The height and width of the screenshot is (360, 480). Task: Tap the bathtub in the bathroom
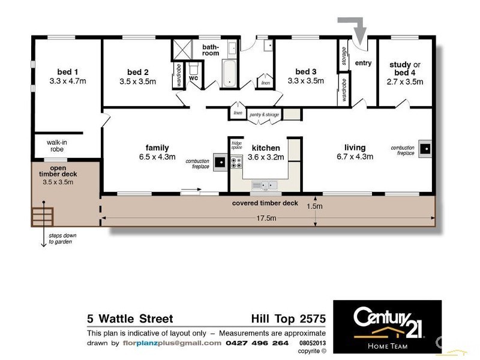click(229, 73)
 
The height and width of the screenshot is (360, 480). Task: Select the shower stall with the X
click(182, 49)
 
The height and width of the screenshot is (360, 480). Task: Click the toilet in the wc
click(193, 69)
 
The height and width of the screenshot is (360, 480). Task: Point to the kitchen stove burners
click(236, 162)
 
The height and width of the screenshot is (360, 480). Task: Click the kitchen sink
click(265, 185)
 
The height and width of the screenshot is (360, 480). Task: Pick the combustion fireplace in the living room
click(425, 149)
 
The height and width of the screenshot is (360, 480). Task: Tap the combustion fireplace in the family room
click(220, 162)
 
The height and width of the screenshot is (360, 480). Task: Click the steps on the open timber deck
click(43, 217)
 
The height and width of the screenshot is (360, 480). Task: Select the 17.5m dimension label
click(266, 218)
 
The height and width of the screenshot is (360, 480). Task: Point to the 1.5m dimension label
click(314, 206)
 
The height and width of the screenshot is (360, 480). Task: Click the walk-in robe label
click(57, 146)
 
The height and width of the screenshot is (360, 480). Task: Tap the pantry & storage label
click(264, 115)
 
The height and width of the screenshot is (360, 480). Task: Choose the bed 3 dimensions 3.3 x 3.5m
click(306, 81)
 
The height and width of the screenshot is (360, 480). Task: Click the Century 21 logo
click(387, 327)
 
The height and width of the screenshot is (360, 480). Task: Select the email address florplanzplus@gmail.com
click(172, 343)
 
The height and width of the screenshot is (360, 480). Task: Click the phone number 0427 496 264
click(257, 343)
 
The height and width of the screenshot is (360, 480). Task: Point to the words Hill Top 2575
click(289, 319)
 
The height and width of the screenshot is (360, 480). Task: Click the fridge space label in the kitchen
click(236, 145)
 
